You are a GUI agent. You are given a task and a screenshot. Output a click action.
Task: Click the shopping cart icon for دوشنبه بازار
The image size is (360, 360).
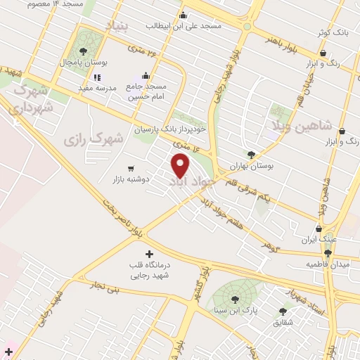point(131,169)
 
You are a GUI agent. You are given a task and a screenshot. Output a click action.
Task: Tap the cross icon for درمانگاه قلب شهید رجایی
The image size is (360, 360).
point(148,253)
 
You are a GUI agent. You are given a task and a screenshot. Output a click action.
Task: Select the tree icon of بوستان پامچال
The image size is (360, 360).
point(84,51)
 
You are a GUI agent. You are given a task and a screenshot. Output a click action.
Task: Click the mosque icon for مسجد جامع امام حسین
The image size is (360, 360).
point(146,76)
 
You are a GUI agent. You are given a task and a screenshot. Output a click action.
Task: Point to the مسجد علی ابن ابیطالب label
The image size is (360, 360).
point(184,25)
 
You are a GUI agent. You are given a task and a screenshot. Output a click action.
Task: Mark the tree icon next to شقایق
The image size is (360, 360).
point(283,311)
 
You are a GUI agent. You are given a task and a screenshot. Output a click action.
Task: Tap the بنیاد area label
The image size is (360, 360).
point(117,25)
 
